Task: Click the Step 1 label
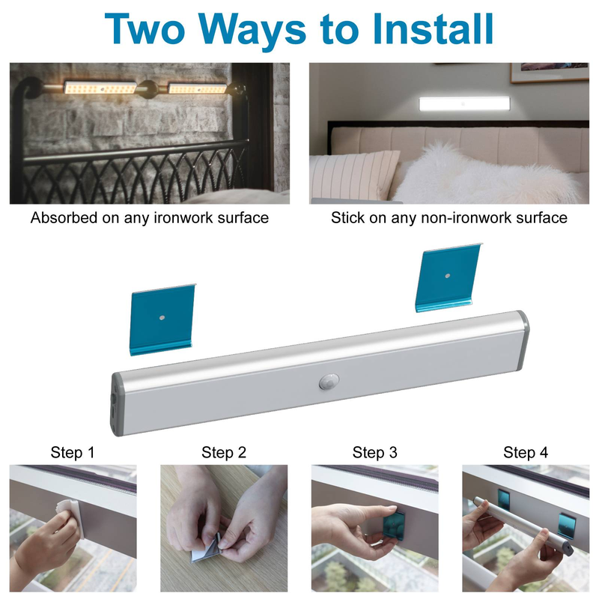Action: [72, 452]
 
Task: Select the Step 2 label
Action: [223, 452]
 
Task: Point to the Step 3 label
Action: [375, 452]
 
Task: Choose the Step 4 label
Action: [526, 452]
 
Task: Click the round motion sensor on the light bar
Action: [329, 381]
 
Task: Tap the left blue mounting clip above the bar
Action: [162, 320]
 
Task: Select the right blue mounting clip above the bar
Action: [449, 277]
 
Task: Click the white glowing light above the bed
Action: [462, 104]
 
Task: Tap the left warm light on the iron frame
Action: [100, 88]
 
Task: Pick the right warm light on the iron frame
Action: [197, 88]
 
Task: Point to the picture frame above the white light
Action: [550, 73]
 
